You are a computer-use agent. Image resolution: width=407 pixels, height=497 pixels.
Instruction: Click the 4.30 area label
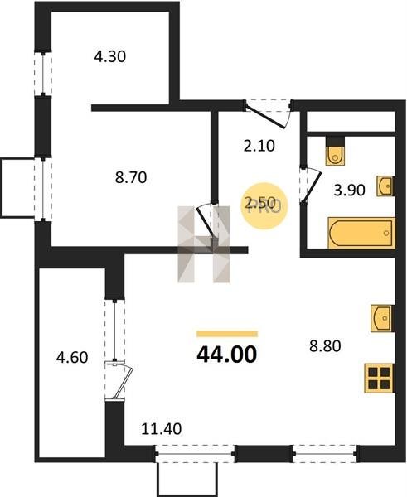110,56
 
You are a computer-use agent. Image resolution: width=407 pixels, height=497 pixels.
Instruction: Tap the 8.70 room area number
131,177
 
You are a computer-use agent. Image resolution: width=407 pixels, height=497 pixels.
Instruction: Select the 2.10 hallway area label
259,146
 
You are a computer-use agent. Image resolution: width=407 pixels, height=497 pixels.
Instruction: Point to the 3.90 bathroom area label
349,191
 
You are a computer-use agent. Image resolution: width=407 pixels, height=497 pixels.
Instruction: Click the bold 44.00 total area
227,354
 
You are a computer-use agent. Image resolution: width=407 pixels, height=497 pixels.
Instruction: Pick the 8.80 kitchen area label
325,345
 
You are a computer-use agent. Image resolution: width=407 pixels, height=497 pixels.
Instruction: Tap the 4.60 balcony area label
72,358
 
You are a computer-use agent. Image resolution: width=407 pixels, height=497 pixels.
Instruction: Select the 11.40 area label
161,429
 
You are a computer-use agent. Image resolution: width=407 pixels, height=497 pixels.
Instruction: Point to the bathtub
361,233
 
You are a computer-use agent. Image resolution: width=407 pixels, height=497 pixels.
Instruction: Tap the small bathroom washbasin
385,186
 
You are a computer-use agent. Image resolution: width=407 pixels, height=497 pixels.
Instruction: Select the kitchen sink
382,318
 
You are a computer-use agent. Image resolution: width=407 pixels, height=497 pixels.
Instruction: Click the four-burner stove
379,379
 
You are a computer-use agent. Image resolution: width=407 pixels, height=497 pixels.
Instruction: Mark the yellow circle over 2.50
264,205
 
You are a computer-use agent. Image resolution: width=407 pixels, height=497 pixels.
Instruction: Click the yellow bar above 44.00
227,334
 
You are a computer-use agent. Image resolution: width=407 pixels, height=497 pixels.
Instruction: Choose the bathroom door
310,185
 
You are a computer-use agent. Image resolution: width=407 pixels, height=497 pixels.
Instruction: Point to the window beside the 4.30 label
43,74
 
